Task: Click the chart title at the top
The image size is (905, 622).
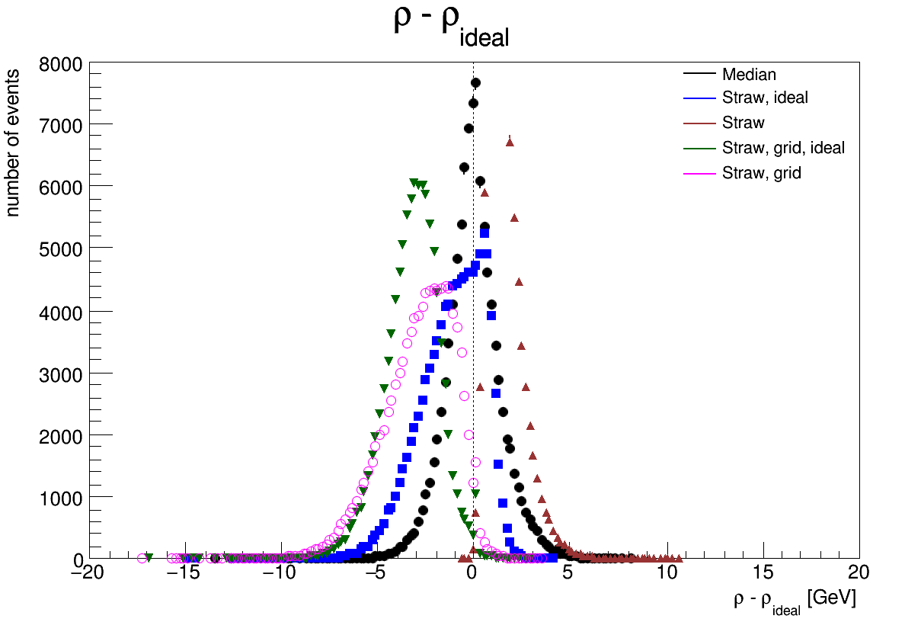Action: (x=451, y=27)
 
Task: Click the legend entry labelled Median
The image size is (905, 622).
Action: (x=749, y=75)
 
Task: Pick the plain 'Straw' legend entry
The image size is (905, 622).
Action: (x=743, y=123)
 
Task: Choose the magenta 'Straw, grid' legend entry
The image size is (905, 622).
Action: (x=761, y=173)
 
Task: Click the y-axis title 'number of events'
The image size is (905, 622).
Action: (x=14, y=139)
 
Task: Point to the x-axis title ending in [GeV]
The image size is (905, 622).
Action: (x=795, y=601)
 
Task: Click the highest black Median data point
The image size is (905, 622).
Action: (x=475, y=83)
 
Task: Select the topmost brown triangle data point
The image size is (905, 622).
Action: (x=510, y=142)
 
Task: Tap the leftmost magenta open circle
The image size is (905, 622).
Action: (x=142, y=559)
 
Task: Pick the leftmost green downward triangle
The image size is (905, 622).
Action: (x=149, y=558)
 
